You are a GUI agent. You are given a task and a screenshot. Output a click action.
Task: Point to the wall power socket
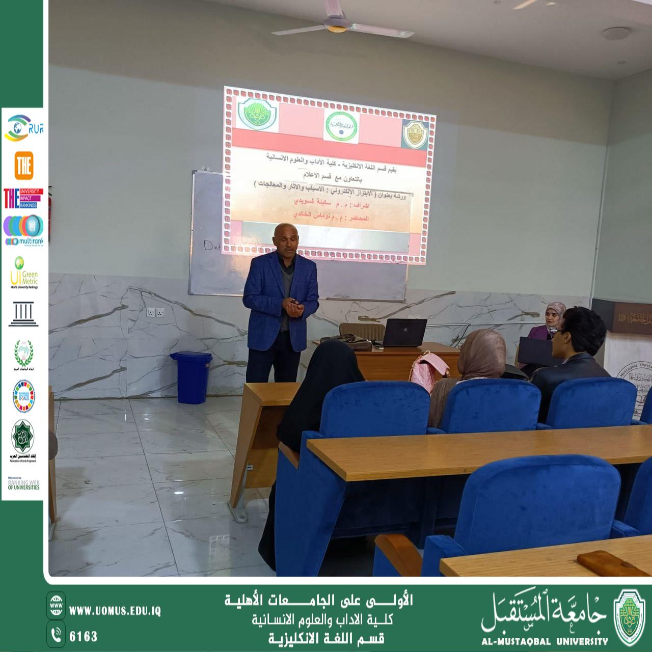click(155, 312)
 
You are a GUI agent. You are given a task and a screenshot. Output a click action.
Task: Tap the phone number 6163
click(83, 636)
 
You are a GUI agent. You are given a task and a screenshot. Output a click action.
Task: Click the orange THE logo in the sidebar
click(23, 165)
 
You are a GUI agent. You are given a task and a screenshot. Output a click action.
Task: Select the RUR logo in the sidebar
click(23, 128)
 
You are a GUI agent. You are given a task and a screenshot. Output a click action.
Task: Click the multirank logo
click(23, 230)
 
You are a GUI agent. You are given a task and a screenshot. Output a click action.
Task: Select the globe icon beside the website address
click(56, 603)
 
